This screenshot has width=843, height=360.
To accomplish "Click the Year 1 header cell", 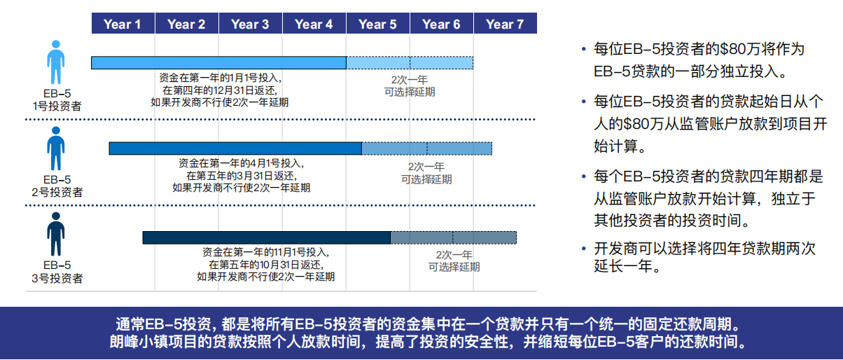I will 123,24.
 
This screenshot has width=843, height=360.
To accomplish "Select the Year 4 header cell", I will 314,24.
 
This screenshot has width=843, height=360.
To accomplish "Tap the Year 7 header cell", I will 505,24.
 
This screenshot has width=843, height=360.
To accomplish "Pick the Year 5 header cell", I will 377,24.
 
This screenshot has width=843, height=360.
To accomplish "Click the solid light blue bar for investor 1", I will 218,63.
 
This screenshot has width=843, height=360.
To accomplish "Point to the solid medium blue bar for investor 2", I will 235,148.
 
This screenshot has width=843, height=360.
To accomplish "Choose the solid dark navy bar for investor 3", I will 266,237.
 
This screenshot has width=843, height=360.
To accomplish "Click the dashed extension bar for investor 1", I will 410,63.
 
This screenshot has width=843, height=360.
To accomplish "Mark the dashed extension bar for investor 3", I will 453,237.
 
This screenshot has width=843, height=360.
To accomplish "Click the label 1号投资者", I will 57,106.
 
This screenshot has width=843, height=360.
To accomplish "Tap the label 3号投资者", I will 57,278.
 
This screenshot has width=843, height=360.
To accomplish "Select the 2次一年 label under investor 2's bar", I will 426,167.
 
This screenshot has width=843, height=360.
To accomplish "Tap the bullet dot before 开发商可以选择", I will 583,249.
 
